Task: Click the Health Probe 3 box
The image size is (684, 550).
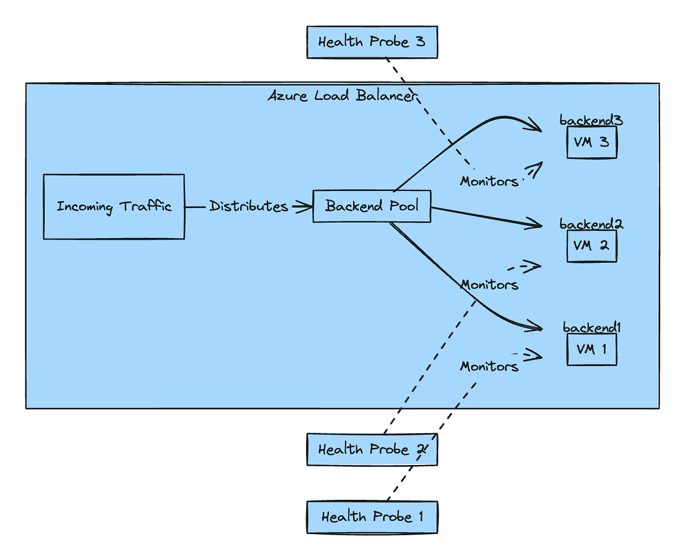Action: click(x=372, y=42)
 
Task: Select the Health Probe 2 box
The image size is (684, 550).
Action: click(x=372, y=449)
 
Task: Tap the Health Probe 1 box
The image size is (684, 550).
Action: click(x=372, y=517)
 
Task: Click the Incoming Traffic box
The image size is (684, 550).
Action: click(x=114, y=206)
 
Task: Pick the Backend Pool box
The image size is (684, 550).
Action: click(x=372, y=206)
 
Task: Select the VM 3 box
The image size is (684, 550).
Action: click(x=592, y=142)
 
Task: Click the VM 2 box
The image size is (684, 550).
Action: click(x=592, y=246)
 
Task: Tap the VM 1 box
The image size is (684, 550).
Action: click(x=592, y=349)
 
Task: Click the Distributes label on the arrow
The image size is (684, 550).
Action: click(x=249, y=206)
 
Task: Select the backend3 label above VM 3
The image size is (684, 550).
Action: click(x=591, y=121)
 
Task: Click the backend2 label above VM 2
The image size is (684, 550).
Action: click(x=591, y=224)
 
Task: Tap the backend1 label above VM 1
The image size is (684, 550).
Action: click(x=591, y=328)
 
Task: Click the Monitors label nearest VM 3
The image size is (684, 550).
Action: click(x=489, y=181)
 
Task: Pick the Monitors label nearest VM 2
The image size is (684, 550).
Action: click(x=489, y=284)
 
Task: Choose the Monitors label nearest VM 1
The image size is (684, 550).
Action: click(x=489, y=366)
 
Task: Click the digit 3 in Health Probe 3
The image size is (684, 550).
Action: click(x=420, y=42)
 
